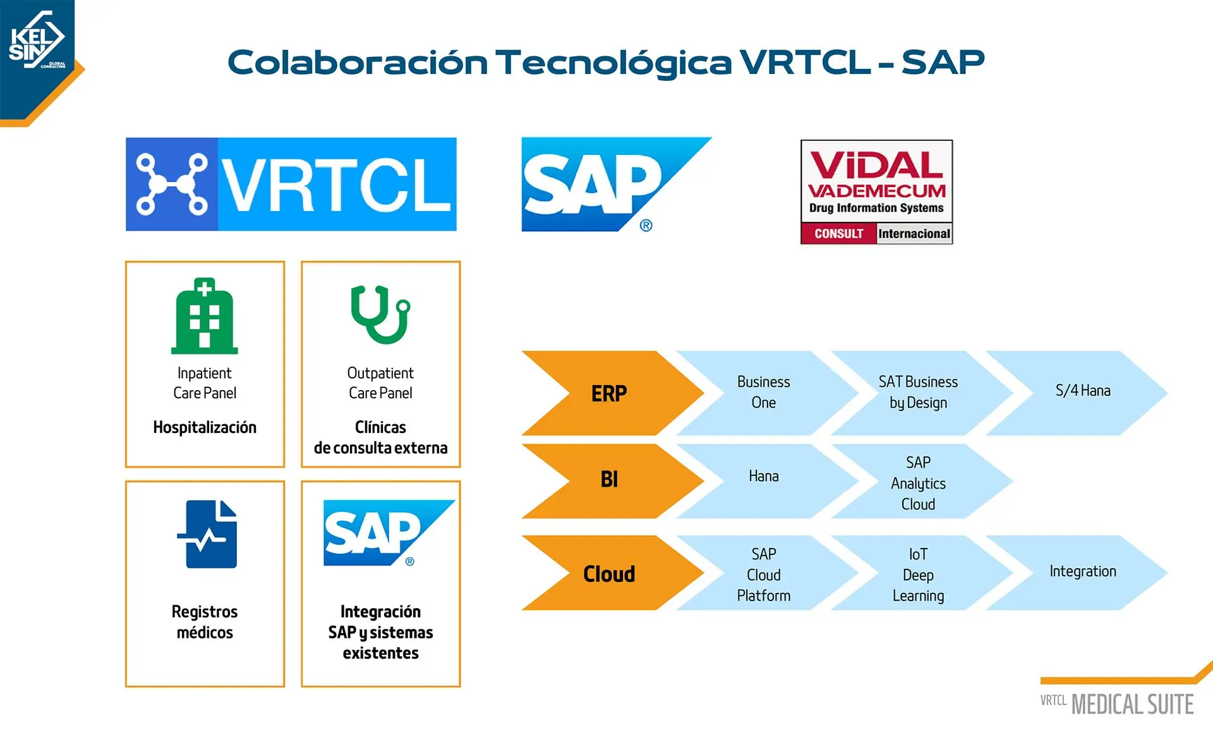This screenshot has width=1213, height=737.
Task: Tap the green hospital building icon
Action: (205, 316)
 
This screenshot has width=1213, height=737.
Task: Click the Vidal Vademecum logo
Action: (877, 192)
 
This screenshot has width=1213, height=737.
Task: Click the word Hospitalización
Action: (205, 428)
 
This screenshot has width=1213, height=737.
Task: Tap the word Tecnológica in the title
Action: (613, 62)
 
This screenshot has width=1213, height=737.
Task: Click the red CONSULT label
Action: (839, 234)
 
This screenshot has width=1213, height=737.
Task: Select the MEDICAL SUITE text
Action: (1133, 704)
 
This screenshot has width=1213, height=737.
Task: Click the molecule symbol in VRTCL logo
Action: (172, 184)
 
